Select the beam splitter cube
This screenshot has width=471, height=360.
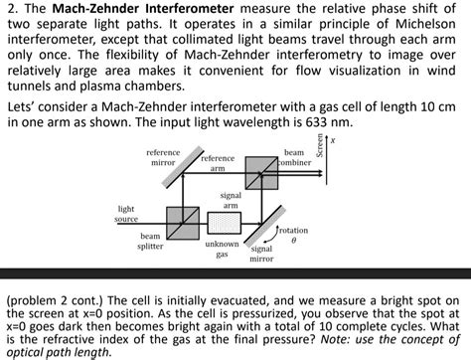[x=182, y=221]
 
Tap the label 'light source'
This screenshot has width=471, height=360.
[x=126, y=213]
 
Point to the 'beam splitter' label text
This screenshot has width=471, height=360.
[x=150, y=241]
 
